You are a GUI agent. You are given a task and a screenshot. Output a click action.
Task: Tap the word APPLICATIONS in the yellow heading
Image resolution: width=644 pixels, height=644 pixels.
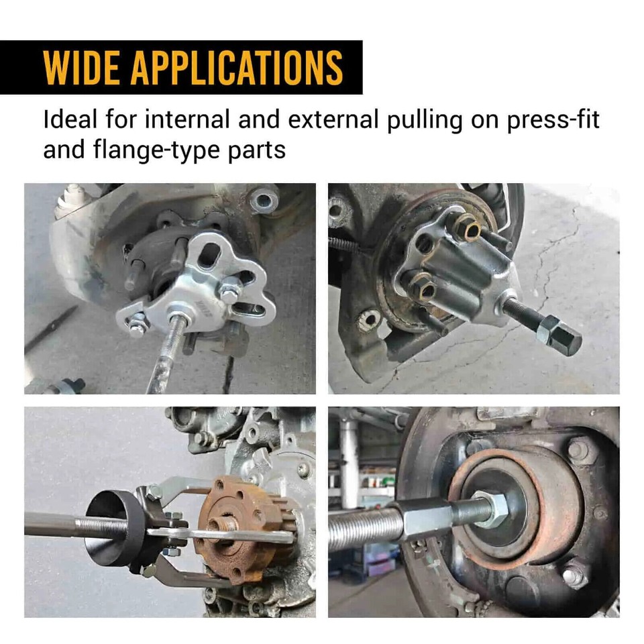point(237,67)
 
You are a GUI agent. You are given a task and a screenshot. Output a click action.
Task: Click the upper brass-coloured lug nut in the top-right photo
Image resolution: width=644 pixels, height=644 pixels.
point(467,229)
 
